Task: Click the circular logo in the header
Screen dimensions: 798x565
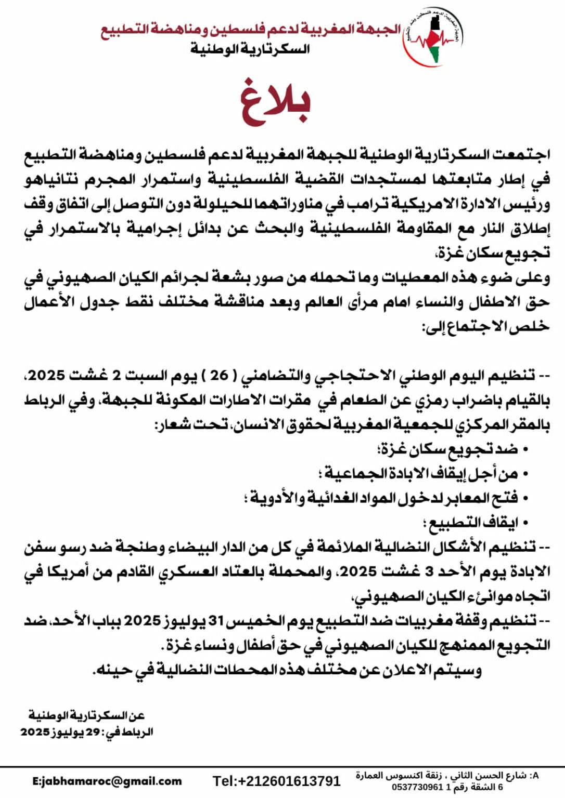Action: point(432,37)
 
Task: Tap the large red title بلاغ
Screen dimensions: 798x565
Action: point(276,103)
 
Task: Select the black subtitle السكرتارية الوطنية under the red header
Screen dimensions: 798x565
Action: point(250,50)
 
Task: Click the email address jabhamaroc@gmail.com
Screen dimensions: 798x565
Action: point(107,781)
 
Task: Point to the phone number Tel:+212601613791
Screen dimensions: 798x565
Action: point(276,781)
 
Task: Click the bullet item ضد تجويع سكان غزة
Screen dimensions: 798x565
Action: point(451,449)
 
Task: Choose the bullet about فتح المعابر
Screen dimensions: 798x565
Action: point(385,498)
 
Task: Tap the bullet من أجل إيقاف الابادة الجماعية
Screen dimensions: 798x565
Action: point(421,473)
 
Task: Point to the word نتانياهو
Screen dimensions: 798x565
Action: point(52,180)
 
